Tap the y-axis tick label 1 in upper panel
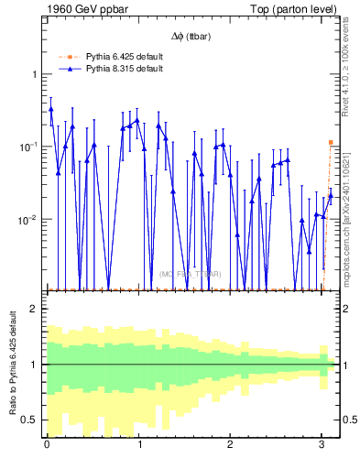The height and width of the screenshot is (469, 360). [35, 74]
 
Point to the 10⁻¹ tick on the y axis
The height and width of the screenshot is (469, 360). [30, 147]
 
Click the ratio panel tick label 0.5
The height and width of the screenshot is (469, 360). [31, 420]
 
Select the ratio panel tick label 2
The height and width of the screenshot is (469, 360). [35, 309]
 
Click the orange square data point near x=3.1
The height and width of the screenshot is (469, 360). [331, 143]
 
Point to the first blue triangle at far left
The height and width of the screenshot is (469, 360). [50, 109]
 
